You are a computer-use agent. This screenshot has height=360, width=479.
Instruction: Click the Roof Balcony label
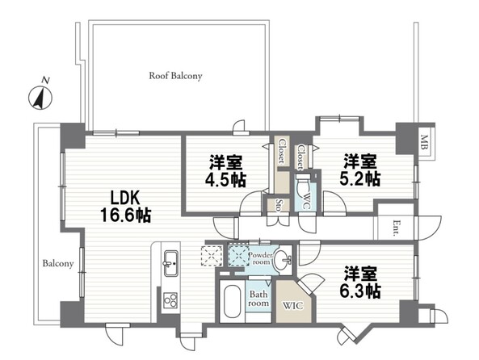175,76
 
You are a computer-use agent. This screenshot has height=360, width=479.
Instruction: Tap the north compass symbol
40,97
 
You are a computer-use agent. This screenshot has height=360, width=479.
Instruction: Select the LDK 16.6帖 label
125,207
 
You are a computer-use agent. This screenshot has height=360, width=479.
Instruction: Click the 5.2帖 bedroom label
360,170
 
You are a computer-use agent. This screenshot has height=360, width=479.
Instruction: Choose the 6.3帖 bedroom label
360,282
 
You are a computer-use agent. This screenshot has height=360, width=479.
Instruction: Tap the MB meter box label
424,142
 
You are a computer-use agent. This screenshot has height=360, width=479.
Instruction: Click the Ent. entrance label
395,228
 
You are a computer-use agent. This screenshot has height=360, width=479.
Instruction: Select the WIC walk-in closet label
292,305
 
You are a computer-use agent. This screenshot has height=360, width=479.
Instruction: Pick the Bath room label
258,299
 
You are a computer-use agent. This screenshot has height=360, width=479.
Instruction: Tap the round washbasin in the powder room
283,260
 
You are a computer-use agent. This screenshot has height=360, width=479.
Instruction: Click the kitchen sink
170,263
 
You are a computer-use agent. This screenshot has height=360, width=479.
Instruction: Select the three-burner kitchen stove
170,300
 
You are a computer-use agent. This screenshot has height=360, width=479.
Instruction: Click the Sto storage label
279,205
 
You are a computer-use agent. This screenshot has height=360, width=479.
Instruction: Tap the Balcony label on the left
58,263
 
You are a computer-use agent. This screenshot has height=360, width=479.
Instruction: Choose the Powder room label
259,258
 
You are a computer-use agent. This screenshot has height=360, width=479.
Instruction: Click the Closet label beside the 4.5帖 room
281,150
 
